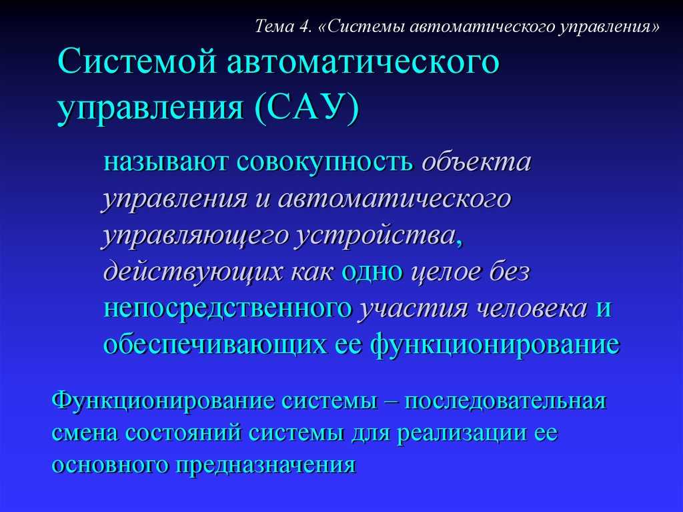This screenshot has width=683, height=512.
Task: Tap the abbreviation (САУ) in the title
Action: pos(307,107)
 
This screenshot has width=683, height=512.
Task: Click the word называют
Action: pos(165,162)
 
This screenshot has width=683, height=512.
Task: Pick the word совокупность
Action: pos(325,162)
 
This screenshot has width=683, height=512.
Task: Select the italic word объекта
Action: pos(476,162)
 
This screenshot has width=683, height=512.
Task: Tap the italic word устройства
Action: pos(375,236)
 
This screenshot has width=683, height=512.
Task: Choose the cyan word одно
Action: pos(372,272)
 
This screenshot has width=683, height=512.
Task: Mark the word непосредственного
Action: pos(227,309)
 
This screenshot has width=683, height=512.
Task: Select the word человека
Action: pos(532,309)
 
